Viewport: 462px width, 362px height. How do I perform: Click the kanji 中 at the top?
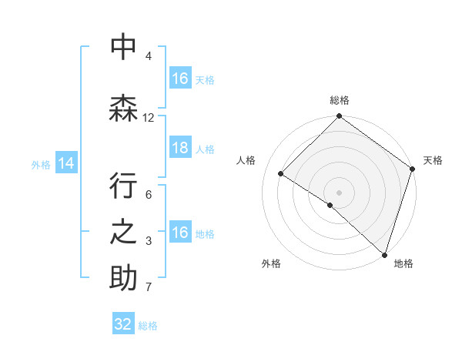pyautogui.click(x=123, y=48)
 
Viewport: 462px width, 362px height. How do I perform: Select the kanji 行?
pyautogui.click(x=123, y=187)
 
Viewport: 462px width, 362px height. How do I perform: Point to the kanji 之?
pyautogui.click(x=123, y=232)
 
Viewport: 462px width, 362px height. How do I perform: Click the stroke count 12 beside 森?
pyautogui.click(x=149, y=118)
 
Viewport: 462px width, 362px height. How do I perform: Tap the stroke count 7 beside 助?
pyautogui.click(x=149, y=288)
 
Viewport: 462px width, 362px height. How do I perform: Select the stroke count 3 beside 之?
pyautogui.click(x=149, y=241)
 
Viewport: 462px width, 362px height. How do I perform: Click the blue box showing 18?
pyautogui.click(x=180, y=149)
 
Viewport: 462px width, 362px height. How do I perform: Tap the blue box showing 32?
pyautogui.click(x=123, y=324)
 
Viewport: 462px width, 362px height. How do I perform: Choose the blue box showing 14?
pyautogui.click(x=66, y=163)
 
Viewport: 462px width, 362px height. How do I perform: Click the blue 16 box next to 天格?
pyautogui.click(x=180, y=79)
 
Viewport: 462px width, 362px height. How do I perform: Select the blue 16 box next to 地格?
pyautogui.click(x=180, y=233)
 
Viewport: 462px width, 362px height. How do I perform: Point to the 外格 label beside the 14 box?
pyautogui.click(x=41, y=164)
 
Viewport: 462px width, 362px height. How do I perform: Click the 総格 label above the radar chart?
pyautogui.click(x=340, y=100)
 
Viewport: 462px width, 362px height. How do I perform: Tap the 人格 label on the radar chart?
pyautogui.click(x=246, y=160)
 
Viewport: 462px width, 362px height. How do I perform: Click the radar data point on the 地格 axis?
pyautogui.click(x=384, y=254)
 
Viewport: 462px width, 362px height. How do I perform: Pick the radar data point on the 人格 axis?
pyautogui.click(x=281, y=174)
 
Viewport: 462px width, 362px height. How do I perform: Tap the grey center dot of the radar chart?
pyautogui.click(x=339, y=192)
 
